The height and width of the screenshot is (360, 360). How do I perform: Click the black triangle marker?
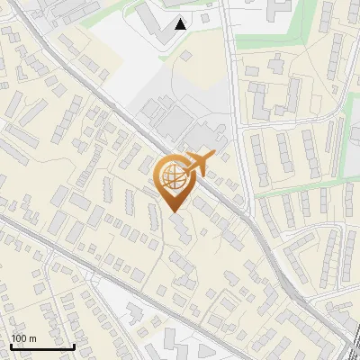click(x=181, y=24)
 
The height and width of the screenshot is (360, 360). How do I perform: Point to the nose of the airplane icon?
click(x=213, y=156)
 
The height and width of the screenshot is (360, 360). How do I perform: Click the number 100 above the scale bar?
click(x=18, y=338)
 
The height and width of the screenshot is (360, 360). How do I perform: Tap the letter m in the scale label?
click(x=32, y=338)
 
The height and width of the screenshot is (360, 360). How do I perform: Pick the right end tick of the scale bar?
click(x=74, y=345)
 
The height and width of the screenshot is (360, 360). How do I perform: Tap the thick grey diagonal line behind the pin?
click(x=135, y=126)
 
